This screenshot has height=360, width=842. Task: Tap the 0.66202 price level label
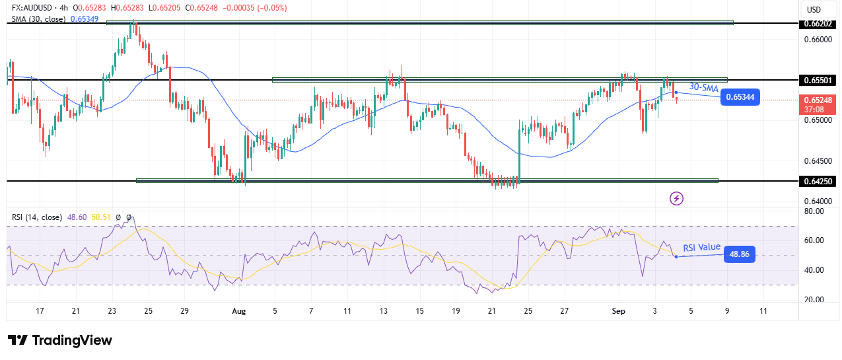(819, 24)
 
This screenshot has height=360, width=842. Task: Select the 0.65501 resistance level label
(819, 80)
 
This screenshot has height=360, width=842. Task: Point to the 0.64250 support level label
(819, 180)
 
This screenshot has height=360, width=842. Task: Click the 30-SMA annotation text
(703, 87)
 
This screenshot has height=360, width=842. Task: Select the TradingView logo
(60, 340)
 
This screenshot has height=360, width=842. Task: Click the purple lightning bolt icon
(676, 198)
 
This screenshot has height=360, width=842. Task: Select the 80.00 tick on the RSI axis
(814, 211)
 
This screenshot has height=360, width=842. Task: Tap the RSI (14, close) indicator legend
(36, 217)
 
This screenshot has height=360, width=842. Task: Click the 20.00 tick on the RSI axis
(814, 299)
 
